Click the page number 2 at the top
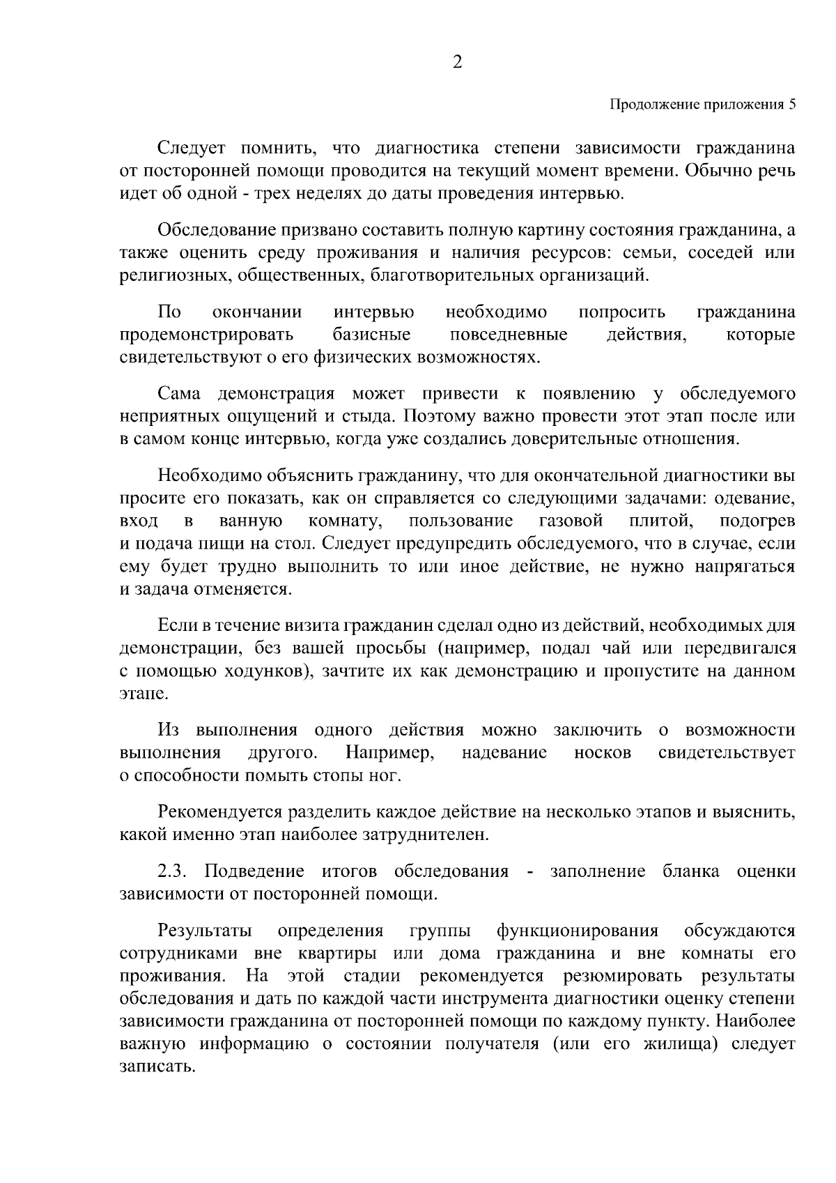tap(458, 63)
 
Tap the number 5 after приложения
tap(791, 105)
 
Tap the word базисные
tap(372, 335)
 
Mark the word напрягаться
tap(744, 566)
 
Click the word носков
tap(603, 754)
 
